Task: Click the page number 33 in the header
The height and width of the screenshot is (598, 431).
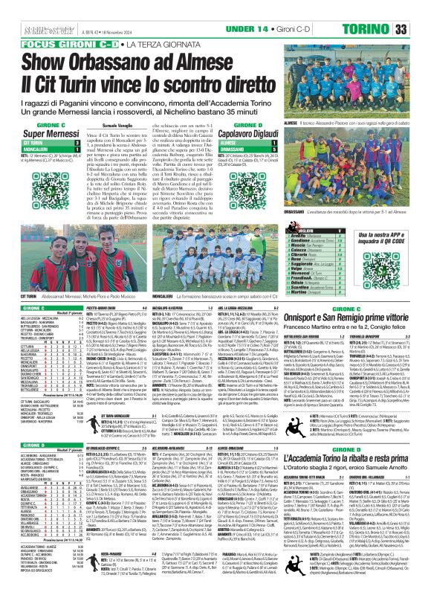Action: (420, 28)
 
